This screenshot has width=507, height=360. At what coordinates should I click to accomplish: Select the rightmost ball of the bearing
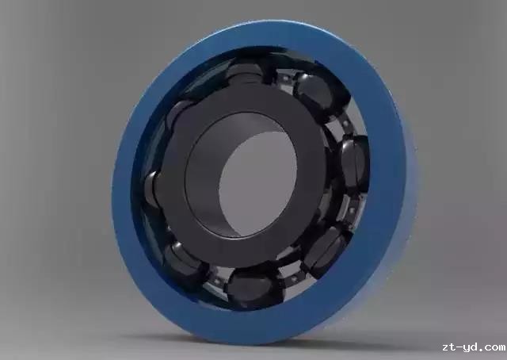pos(355,164)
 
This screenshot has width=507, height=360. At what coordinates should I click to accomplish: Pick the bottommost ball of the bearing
pos(253,287)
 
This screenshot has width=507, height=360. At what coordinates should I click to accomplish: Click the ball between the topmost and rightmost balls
pos(318,94)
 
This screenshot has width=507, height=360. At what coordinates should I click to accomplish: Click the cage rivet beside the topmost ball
pos(284,78)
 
